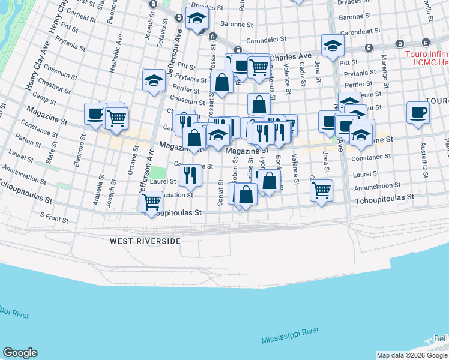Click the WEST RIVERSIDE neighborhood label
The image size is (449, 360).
point(145,241)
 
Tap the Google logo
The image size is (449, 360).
point(20,353)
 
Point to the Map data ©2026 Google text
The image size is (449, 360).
point(412,355)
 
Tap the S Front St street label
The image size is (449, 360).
point(55,217)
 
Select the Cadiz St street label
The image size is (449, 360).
point(303,76)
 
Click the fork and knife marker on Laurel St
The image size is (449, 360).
point(190,175)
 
